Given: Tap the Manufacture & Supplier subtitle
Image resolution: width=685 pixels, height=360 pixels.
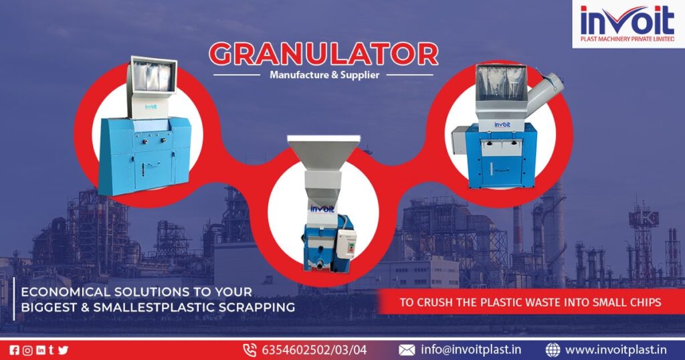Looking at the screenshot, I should coord(324,75).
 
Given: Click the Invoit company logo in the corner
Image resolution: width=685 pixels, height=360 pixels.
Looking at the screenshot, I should coord(628,23).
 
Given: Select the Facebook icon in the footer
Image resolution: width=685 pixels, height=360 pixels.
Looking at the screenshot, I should coord(15,349).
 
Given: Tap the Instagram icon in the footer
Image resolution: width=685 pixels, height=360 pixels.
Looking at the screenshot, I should coord(27,349).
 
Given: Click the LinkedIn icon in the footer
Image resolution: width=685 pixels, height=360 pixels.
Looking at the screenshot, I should coord(40,349).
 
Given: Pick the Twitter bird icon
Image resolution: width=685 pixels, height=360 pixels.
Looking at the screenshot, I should coord(64,349).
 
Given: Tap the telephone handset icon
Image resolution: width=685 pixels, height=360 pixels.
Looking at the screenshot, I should coord(250,349).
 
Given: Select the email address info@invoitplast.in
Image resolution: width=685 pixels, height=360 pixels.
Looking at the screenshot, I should coord(472,349).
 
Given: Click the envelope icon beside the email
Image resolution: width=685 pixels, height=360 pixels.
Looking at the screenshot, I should coord(407,349).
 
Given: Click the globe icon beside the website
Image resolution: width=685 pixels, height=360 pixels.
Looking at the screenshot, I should coord(553,349).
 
